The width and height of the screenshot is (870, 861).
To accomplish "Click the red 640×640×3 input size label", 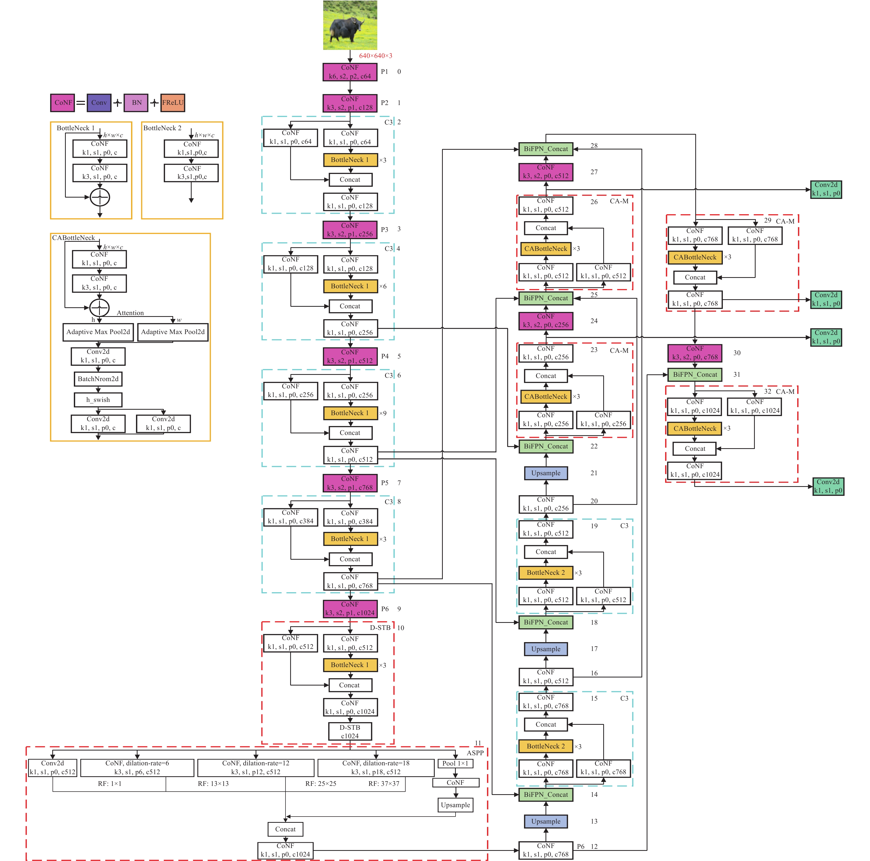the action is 375,56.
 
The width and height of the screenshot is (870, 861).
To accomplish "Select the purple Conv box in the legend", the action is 99,103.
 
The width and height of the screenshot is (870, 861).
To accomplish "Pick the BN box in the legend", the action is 136,103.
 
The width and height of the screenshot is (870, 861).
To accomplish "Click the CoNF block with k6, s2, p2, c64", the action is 350,72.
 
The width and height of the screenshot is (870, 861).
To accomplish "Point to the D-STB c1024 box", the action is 350,731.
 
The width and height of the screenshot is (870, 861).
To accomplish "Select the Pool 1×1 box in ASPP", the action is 455,763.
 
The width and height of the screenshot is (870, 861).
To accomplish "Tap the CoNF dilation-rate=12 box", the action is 256,768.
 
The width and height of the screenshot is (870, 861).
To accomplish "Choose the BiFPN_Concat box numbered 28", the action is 546,149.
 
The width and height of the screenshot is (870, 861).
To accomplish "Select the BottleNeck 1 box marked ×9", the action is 350,413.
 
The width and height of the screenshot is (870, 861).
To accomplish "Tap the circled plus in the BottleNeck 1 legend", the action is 100,197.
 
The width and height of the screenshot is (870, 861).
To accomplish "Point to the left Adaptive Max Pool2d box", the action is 98,332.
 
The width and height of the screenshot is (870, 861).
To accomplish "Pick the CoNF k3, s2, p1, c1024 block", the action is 350,609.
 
